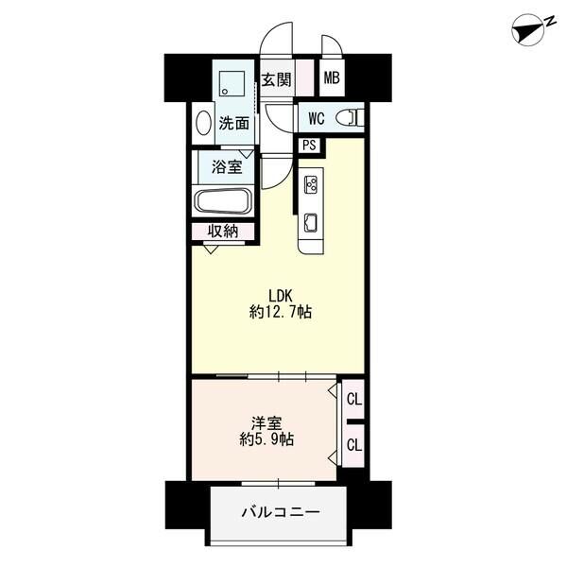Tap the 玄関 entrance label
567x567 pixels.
(276, 79)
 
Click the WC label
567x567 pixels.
(316, 118)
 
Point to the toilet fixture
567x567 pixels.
(350, 118)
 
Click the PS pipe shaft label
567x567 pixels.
(309, 146)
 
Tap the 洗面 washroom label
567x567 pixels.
(233, 122)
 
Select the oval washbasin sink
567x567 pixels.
(203, 123)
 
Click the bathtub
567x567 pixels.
(223, 201)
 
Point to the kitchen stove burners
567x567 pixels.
(311, 186)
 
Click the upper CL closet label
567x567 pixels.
(353, 400)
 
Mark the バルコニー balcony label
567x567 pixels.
(279, 513)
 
